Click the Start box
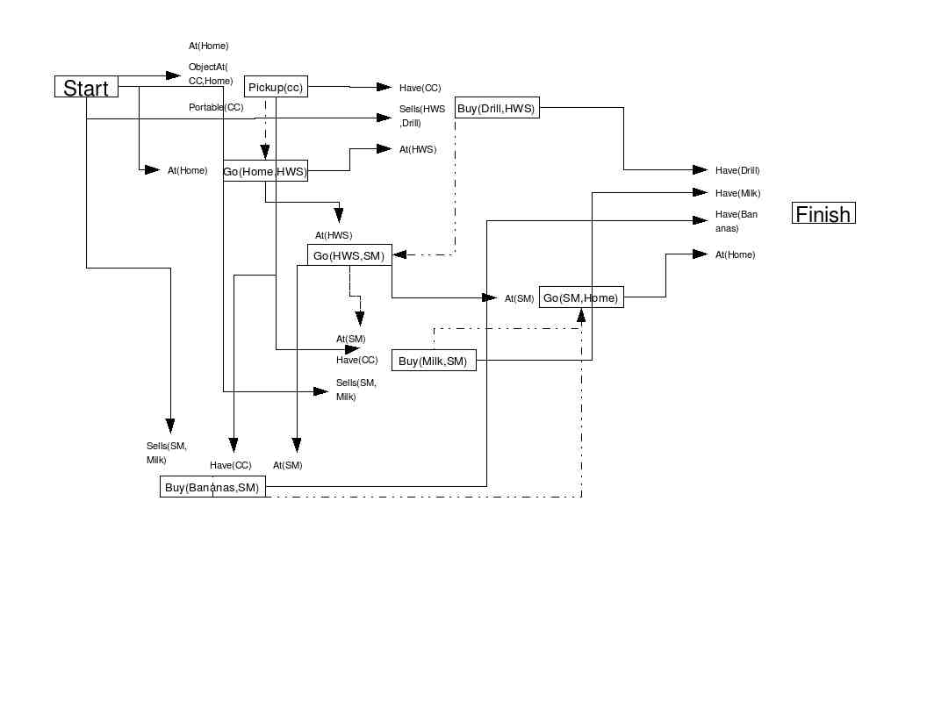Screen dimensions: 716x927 point(86,87)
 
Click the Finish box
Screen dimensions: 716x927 point(823,213)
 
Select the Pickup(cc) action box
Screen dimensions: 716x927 point(276,86)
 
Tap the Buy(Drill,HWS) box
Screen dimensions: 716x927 point(497,108)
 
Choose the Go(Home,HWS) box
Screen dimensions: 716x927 point(265,171)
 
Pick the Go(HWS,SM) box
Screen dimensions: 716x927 point(349,255)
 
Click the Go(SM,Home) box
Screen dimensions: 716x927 point(581,297)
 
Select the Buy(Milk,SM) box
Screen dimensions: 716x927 point(434,361)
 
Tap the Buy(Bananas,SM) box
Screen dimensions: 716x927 point(212,487)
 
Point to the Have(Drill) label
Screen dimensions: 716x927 point(737,170)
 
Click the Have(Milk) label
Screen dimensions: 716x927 point(737,193)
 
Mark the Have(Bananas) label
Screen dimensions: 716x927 point(736,221)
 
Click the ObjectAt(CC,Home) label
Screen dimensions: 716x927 point(211,74)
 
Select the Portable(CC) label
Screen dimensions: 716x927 point(216,107)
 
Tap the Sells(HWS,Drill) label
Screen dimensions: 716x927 point(422,116)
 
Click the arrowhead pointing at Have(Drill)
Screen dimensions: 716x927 point(701,170)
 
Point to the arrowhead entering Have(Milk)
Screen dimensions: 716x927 point(701,192)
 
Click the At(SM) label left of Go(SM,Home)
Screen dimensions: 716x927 point(519,298)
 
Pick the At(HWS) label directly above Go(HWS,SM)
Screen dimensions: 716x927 point(334,235)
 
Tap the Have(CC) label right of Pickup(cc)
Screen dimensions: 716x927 point(420,88)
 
